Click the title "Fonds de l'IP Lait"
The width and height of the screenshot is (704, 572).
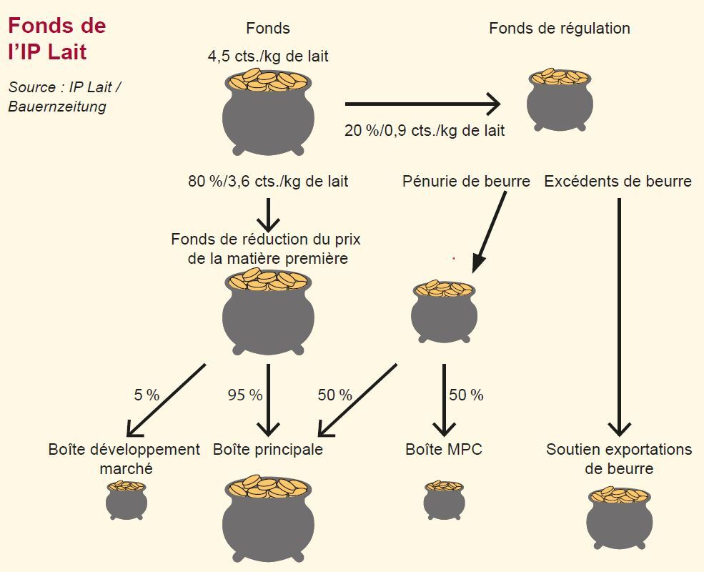[x=57, y=39]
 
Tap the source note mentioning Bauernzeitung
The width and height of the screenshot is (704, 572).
[x=64, y=97]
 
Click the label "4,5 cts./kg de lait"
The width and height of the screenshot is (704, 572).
[x=268, y=56]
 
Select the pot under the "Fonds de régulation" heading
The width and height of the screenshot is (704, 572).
[x=560, y=100]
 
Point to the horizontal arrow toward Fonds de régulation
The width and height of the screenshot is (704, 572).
[x=422, y=104]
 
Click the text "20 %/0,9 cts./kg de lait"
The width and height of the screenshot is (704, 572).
[x=425, y=131]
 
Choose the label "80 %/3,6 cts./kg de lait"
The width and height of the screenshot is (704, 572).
[x=268, y=182]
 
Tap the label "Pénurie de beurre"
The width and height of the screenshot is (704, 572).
[x=466, y=182]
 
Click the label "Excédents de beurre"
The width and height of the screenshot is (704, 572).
[x=618, y=182]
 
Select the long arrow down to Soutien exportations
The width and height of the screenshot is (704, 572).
[x=619, y=315]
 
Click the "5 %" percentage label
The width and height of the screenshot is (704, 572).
[x=147, y=395]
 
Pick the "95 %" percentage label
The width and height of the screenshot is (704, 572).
[x=245, y=395]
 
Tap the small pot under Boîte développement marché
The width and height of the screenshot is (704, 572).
[x=127, y=500]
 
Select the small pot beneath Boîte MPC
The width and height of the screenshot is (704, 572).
[x=444, y=500]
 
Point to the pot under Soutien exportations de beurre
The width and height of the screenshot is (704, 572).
[x=619, y=517]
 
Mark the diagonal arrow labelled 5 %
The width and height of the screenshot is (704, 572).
[x=166, y=400]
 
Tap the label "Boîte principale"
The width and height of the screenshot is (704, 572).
[x=268, y=450]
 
